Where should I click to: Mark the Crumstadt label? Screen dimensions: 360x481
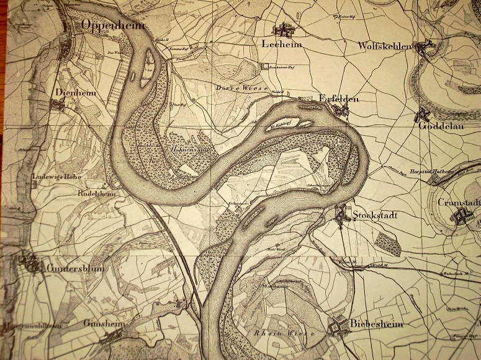click(459, 203)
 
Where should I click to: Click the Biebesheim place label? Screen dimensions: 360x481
click(376, 324)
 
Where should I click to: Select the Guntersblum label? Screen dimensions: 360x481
click(75, 268)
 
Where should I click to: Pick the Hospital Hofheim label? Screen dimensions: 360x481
click(432, 171)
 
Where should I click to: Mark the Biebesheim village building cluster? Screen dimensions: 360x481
click(339, 326)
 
